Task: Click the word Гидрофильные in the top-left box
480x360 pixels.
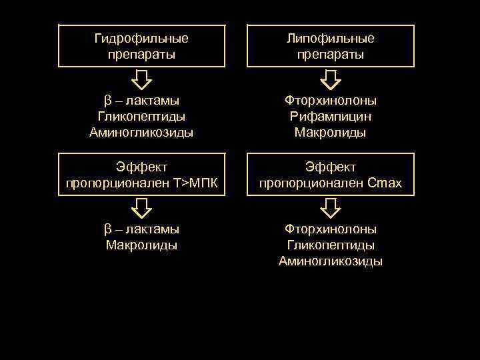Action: click(x=141, y=39)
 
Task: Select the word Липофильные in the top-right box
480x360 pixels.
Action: click(x=330, y=39)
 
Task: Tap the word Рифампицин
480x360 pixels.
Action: click(x=331, y=117)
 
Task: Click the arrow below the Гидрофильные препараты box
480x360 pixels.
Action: click(x=141, y=79)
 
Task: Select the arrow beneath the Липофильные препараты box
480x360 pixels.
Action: click(x=331, y=79)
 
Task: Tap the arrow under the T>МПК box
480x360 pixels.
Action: click(x=141, y=209)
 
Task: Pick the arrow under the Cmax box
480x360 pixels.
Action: click(x=331, y=209)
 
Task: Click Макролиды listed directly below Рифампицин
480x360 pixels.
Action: click(x=331, y=133)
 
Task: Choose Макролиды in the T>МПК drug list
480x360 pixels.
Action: click(x=141, y=245)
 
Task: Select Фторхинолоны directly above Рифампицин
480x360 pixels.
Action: click(x=331, y=101)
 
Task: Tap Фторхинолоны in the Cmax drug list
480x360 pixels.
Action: click(x=331, y=229)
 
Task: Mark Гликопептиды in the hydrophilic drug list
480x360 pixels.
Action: click(x=141, y=117)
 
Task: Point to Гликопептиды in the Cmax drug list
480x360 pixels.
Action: click(x=331, y=245)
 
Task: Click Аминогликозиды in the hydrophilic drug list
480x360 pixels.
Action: click(x=141, y=133)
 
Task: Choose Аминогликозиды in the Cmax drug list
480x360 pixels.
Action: click(x=331, y=261)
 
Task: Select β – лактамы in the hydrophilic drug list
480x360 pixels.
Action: click(x=141, y=101)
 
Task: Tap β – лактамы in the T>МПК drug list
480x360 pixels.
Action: click(x=141, y=229)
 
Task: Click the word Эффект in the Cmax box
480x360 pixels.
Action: click(x=331, y=166)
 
